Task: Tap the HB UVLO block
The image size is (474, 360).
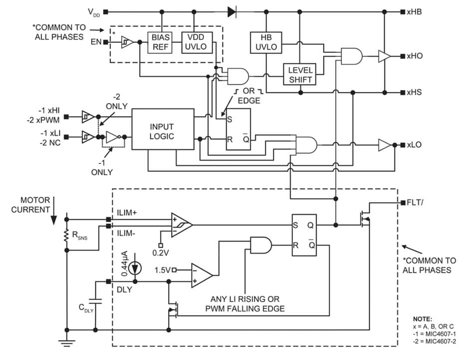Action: coord(265,42)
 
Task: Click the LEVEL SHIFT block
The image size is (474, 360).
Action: coord(300,75)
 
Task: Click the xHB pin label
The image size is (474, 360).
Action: coord(415,11)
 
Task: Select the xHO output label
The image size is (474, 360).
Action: coord(415,56)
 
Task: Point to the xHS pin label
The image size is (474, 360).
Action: coord(415,92)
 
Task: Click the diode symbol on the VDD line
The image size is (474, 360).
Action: coord(232,11)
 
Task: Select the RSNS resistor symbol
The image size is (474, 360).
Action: coord(67,238)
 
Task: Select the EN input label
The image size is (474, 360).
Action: coord(95,42)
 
